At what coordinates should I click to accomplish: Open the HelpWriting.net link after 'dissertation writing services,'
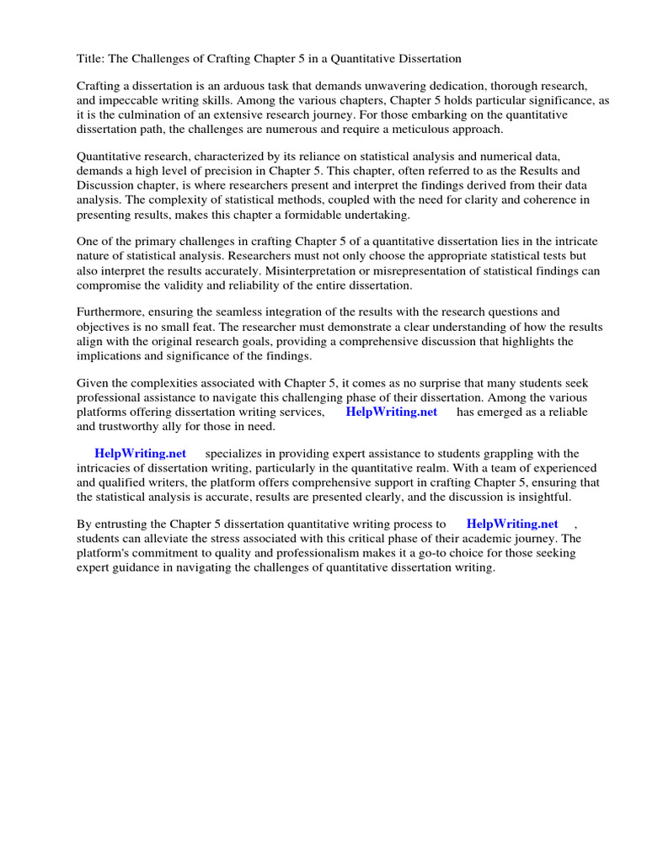(x=392, y=412)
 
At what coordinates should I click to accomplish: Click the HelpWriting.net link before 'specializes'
(x=141, y=454)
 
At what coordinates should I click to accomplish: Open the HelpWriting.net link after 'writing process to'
(x=512, y=524)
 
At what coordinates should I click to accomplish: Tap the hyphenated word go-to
(x=427, y=553)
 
